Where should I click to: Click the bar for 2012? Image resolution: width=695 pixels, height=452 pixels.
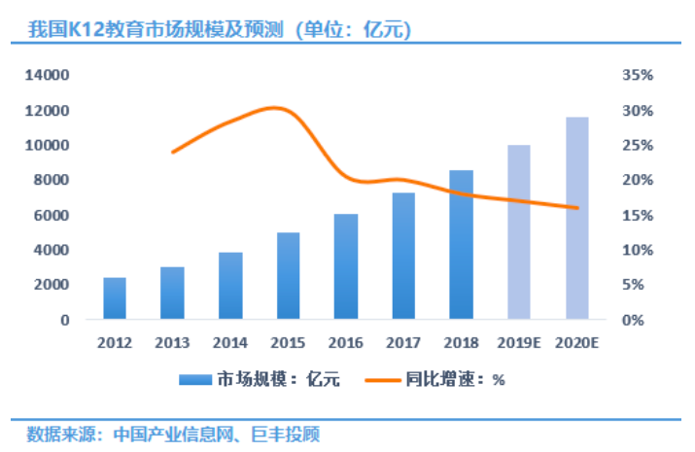coord(115,298)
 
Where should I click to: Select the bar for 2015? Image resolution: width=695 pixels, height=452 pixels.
coord(288,276)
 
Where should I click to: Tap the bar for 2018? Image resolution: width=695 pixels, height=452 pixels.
coord(461,245)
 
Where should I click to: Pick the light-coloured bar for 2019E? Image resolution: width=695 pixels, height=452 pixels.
coord(518,232)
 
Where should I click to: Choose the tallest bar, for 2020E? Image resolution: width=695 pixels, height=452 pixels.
coord(576,218)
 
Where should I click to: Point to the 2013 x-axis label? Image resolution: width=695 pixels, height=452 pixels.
coord(172,342)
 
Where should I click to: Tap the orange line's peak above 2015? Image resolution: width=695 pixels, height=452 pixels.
coord(277,107)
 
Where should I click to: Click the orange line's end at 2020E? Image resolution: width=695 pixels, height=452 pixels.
coord(576,207)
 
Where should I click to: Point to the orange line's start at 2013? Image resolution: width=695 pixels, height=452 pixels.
coord(172,153)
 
